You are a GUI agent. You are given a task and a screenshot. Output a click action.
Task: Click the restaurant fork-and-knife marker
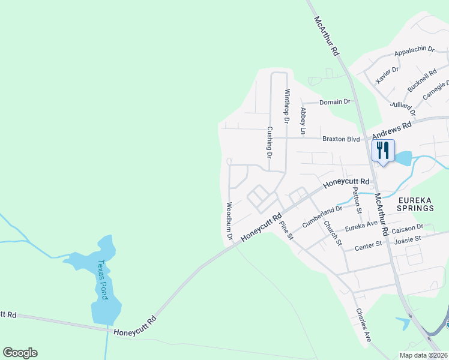coord(383,151)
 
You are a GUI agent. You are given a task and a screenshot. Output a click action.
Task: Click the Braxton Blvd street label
coord(341,139)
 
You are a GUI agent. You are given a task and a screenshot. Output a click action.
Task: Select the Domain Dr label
coord(334,102)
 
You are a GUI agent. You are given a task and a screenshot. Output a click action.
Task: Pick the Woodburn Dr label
coord(229,221)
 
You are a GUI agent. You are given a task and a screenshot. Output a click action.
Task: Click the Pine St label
coord(286,231)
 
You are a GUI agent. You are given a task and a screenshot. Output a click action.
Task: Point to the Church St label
coord(332,233)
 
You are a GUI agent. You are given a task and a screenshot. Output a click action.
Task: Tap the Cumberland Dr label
coord(322,215)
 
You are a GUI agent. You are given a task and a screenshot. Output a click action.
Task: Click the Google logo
coord(20,353)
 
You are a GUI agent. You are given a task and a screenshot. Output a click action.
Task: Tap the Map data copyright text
coord(423,355)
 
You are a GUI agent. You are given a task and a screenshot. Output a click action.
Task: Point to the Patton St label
coord(357,200)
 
